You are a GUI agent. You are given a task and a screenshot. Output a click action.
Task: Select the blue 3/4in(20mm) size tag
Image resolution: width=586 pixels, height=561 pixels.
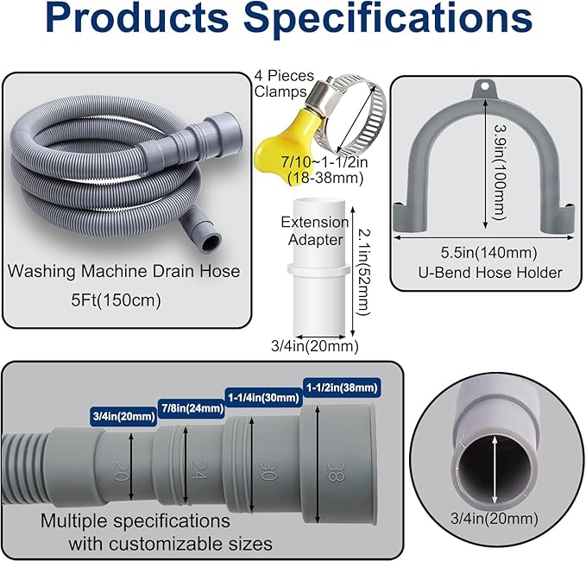(x=123, y=417)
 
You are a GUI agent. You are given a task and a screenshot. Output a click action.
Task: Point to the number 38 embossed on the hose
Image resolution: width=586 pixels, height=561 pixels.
(x=334, y=471)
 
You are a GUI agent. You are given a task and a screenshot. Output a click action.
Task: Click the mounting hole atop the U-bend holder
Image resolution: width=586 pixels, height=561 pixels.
(x=488, y=88)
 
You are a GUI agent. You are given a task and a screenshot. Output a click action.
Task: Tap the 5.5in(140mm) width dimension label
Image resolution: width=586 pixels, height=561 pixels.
(x=488, y=252)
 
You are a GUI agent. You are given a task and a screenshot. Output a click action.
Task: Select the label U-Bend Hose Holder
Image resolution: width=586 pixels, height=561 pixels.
(x=488, y=273)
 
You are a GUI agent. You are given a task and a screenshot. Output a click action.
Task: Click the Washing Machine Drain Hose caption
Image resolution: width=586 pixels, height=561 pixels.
(x=123, y=271)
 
